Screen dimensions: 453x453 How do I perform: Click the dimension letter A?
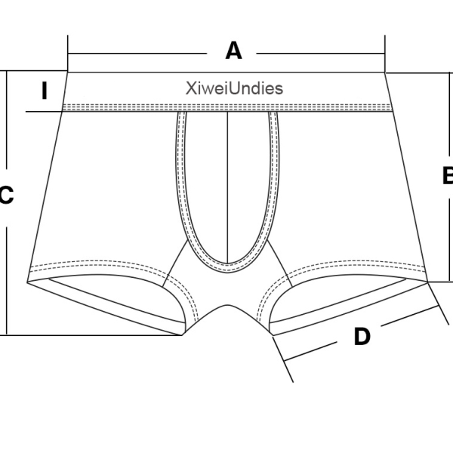234,51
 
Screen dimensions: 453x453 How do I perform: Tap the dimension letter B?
447,175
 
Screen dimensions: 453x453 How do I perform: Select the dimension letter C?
6,196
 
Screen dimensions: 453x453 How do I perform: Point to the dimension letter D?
362,337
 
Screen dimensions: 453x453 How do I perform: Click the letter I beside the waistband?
45,91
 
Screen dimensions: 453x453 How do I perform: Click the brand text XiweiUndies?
234,88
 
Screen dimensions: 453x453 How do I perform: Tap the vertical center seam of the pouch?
228,181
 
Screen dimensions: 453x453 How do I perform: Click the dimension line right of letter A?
321,53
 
